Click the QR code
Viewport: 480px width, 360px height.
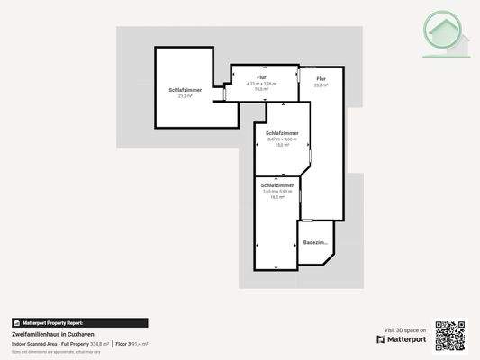(x=450, y=335)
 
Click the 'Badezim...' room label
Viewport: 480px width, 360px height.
(x=315, y=243)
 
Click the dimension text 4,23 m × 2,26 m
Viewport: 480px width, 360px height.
(x=261, y=84)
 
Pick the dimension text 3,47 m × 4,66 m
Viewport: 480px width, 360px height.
(x=282, y=139)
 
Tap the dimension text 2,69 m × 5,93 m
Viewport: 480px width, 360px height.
(x=277, y=191)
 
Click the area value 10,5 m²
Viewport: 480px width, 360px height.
(x=261, y=89)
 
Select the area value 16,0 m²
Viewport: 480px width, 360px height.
(x=277, y=196)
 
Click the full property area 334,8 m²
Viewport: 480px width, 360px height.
(x=100, y=344)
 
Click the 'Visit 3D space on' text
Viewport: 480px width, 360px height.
(x=405, y=330)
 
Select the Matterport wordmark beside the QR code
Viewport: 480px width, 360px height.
(x=402, y=340)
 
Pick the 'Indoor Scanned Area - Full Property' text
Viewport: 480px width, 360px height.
(x=50, y=344)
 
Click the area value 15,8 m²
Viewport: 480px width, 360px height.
(x=282, y=144)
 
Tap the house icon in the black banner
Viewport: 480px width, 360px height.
(x=16, y=322)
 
